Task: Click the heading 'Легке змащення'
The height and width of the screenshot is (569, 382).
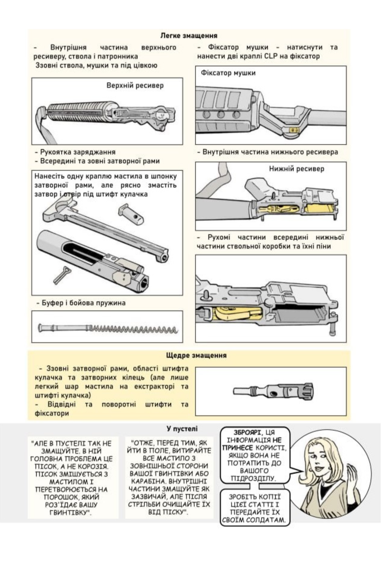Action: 189,36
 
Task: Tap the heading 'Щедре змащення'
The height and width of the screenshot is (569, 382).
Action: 196,355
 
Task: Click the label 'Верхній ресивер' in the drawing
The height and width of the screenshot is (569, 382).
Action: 135,85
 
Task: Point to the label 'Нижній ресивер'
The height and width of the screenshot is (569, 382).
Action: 296,169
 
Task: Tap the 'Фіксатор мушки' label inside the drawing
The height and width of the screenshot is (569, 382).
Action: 228,73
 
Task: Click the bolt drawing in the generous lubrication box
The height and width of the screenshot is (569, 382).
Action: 274,391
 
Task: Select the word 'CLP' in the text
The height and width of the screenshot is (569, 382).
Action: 271,56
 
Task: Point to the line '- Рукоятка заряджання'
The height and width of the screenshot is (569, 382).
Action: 75,152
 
